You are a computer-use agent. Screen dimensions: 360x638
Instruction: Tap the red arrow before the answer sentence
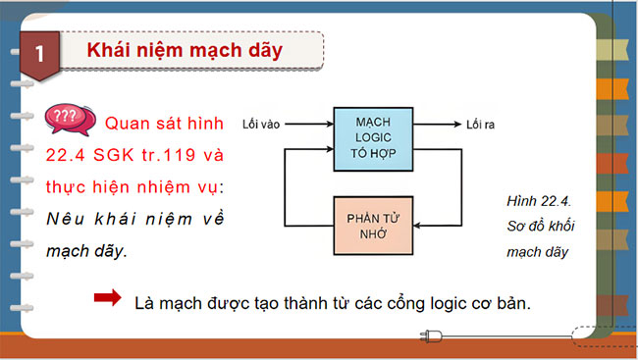pos(103,298)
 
